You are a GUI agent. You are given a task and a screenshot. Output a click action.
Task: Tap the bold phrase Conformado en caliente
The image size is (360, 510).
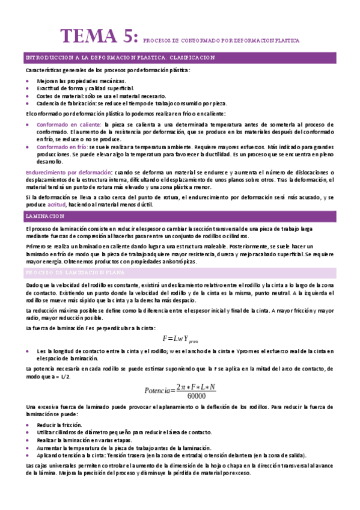click(x=68, y=124)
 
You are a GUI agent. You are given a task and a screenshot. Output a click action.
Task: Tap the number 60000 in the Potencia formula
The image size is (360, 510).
click(x=197, y=396)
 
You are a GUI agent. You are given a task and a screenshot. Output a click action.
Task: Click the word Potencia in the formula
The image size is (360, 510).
click(x=157, y=390)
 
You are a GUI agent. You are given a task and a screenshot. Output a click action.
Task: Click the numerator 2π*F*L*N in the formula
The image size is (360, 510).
click(x=196, y=386)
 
